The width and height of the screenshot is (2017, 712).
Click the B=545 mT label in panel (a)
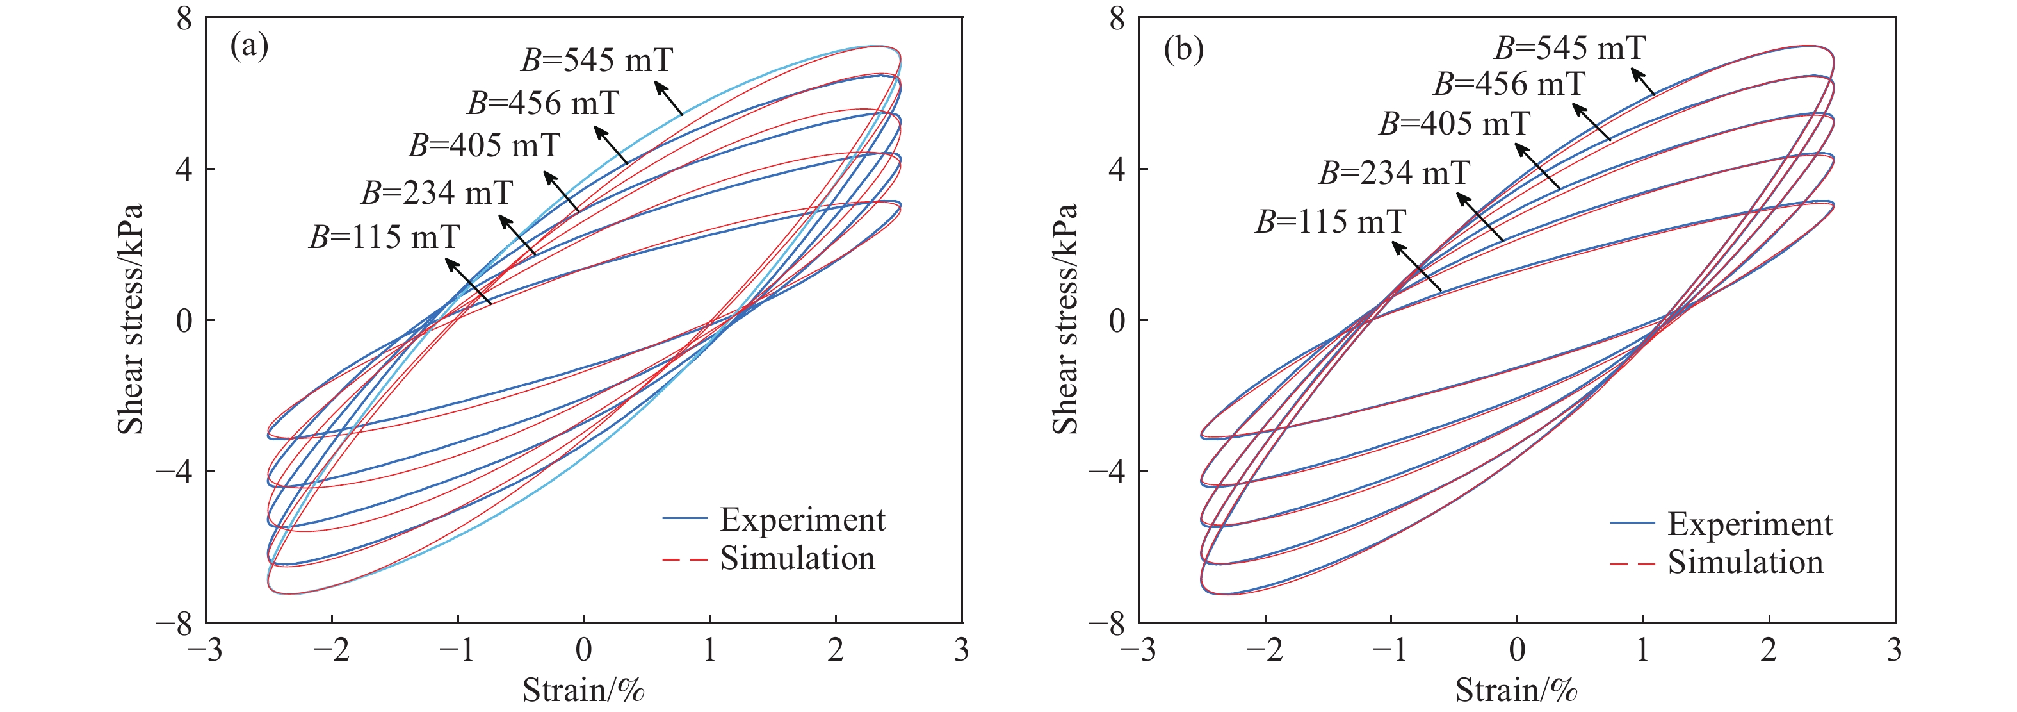pos(597,60)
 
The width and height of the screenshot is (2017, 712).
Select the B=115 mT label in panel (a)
pos(384,237)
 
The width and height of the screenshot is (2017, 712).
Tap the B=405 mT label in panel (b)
pos(1454,124)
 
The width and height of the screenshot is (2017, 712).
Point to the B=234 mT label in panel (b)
pos(1395,173)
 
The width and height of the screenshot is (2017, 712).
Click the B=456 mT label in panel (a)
pos(544,103)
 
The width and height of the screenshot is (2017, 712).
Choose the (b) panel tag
pos(1183,49)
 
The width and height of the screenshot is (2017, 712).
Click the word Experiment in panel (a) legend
pos(802,520)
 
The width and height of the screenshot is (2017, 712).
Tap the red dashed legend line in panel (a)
pos(684,559)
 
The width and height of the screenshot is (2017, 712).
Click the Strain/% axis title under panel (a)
pos(583,690)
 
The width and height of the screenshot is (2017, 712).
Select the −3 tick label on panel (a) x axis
pos(205,650)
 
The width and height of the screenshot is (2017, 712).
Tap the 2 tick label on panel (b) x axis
pos(1769,650)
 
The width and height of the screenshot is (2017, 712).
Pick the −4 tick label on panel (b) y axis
pos(1106,472)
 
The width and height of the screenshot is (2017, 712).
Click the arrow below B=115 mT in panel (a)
pos(468,281)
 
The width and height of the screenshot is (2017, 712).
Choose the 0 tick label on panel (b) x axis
pos(1517,650)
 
